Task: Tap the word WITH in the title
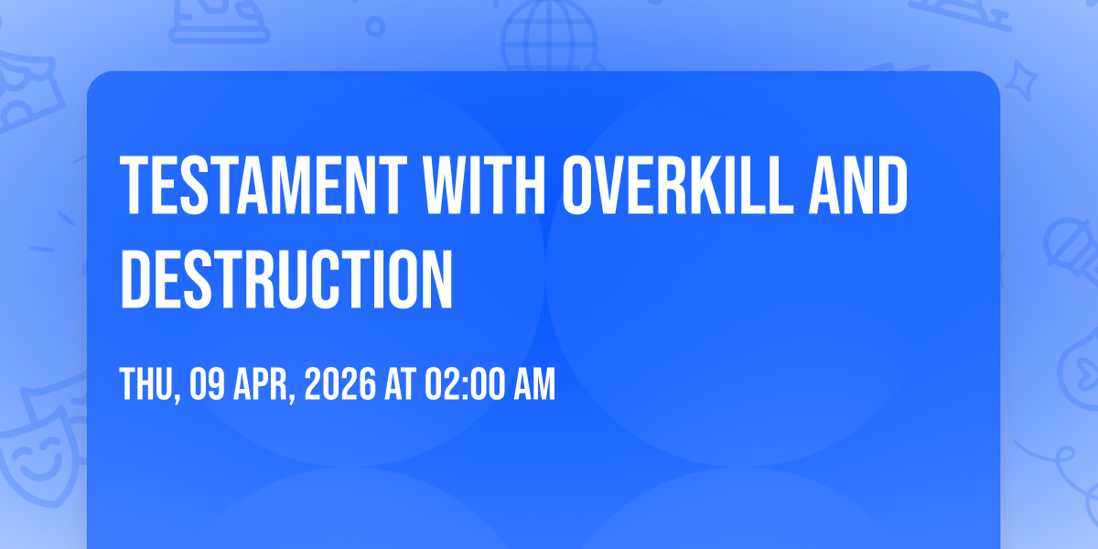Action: pyautogui.click(x=484, y=185)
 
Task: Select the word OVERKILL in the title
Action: pyautogui.click(x=677, y=185)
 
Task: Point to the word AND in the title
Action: pyautogui.click(x=858, y=185)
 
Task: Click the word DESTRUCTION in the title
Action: pyautogui.click(x=286, y=279)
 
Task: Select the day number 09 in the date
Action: pyautogui.click(x=207, y=384)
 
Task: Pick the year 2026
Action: pyautogui.click(x=340, y=384)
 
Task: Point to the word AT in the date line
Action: pyautogui.click(x=400, y=384)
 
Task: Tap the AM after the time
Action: pyautogui.click(x=534, y=384)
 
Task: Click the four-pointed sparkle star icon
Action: pyautogui.click(x=1020, y=81)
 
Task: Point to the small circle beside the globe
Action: pyautogui.click(x=375, y=27)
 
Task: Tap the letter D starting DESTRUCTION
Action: pyautogui.click(x=135, y=279)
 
